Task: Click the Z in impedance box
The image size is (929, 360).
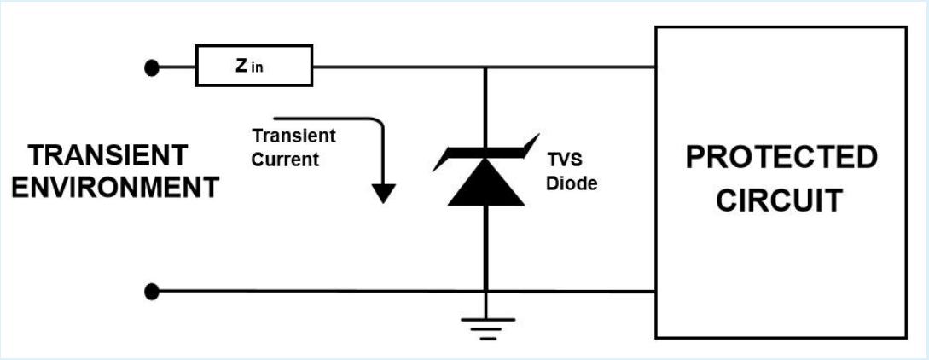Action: coord(253,67)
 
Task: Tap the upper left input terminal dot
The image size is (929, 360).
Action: coord(152,67)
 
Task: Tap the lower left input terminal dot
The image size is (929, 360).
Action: coord(152,293)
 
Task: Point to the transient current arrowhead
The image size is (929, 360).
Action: coord(384,194)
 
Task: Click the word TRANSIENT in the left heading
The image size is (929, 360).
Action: coord(108,155)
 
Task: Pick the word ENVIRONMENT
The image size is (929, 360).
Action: coord(115,188)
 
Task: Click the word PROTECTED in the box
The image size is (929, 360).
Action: coord(781,157)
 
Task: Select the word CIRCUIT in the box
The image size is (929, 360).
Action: coord(779,200)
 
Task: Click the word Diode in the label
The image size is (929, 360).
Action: coord(573,183)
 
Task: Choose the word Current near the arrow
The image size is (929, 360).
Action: coord(285,159)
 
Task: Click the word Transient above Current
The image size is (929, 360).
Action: coord(293,136)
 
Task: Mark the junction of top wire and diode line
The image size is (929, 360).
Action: coord(485,67)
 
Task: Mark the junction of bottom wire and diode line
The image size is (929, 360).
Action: coord(485,293)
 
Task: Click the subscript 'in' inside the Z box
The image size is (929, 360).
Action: coord(258,69)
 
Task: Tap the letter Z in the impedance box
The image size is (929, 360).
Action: coord(242,66)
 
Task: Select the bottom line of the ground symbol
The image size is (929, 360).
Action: coord(487,339)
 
